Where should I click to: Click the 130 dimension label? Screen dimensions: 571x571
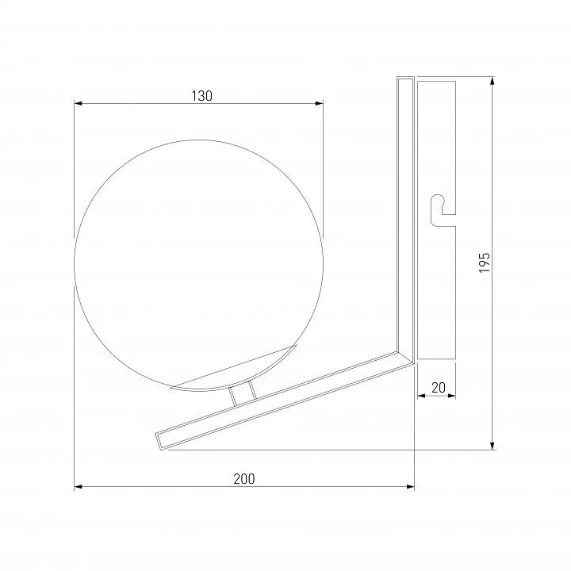(x=201, y=96)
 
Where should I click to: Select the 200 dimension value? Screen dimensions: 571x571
(x=244, y=479)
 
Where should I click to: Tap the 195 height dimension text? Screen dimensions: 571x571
(x=485, y=263)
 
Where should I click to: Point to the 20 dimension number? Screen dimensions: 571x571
(x=438, y=388)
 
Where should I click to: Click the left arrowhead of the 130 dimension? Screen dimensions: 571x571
(x=78, y=103)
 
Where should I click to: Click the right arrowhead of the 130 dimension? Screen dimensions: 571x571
(x=319, y=103)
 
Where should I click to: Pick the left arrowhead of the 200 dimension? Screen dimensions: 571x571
(x=78, y=486)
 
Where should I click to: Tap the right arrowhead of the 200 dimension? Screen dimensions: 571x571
(x=411, y=486)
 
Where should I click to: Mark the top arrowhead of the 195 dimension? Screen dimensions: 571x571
(x=492, y=81)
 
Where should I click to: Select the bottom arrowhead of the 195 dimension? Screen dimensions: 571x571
(x=492, y=446)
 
